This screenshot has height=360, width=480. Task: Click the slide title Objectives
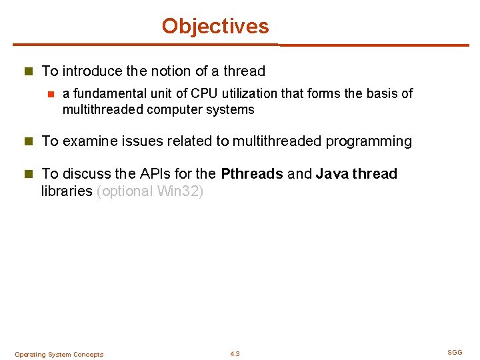click(x=215, y=26)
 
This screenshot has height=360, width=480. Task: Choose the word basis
click(x=381, y=93)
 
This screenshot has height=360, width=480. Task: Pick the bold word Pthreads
click(x=251, y=174)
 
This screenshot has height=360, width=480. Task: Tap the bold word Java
click(x=331, y=174)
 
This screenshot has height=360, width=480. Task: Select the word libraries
click(x=67, y=191)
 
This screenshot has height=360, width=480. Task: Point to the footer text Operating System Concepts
click(x=59, y=355)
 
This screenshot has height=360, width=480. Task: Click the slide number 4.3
click(x=235, y=354)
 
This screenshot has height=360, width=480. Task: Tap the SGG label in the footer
click(x=455, y=352)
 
